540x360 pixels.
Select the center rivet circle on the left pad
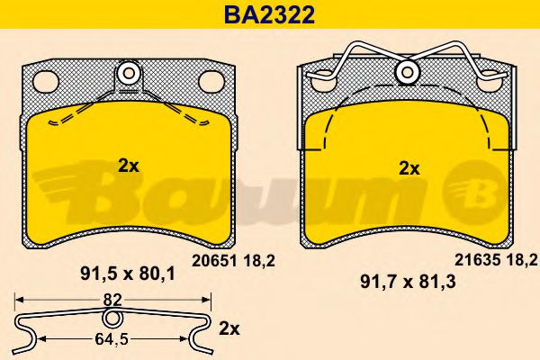130,73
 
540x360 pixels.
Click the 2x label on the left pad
129,165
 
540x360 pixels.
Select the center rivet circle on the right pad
409,73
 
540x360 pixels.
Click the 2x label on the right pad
409,167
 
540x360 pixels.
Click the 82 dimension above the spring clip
112,298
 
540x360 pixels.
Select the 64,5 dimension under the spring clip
110,338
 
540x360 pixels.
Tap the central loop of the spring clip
112,318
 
